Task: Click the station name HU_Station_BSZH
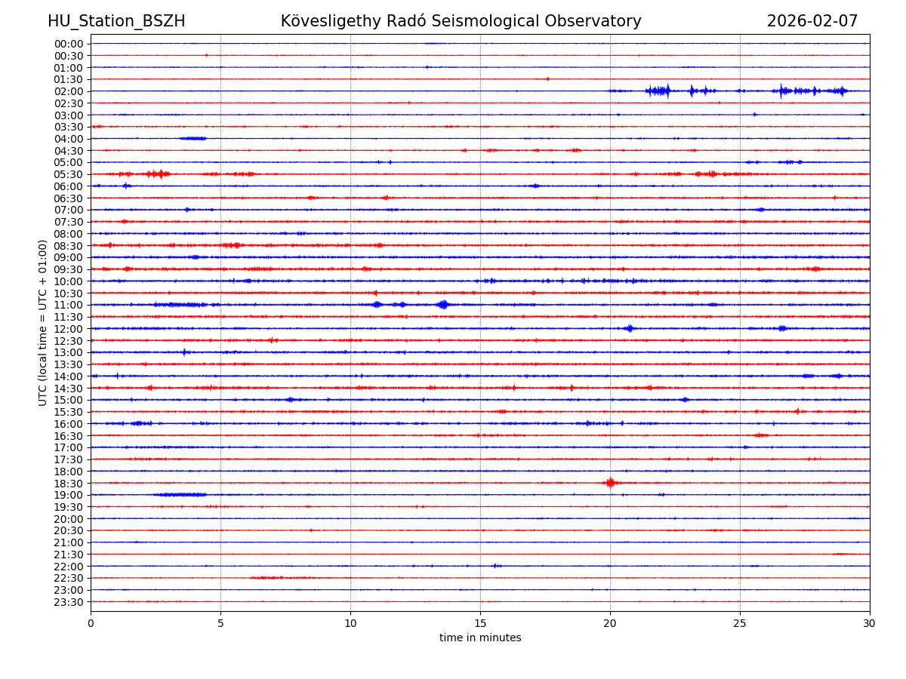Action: coord(116,21)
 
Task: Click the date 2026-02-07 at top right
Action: coord(812,21)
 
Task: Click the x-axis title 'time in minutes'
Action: coord(480,638)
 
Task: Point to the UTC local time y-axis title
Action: coord(43,322)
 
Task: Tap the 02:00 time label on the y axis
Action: coord(69,91)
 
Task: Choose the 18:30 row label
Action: coord(69,484)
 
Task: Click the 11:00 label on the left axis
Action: coord(69,306)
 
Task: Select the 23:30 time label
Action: coord(69,602)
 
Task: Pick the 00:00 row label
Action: coord(69,44)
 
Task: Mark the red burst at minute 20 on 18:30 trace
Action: coord(610,483)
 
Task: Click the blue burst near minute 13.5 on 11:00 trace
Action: coord(443,305)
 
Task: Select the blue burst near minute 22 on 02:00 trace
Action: coord(658,91)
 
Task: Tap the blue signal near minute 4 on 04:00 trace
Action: coord(193,138)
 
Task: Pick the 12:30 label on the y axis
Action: coord(69,341)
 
